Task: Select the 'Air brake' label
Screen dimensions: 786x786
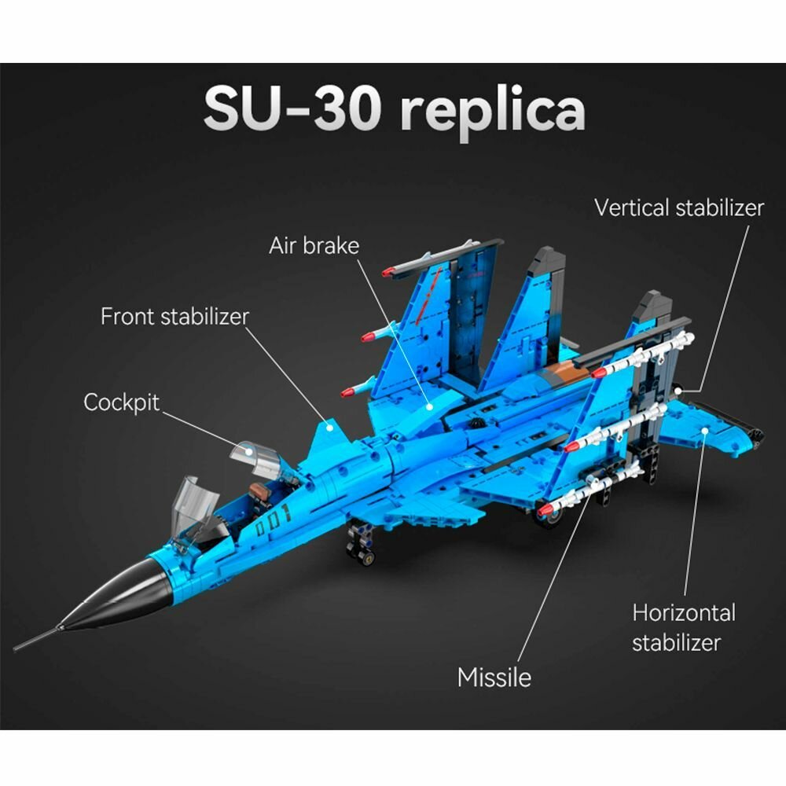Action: point(314,245)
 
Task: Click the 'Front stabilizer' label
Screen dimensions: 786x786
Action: point(174,317)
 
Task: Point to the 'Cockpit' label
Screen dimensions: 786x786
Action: point(121,402)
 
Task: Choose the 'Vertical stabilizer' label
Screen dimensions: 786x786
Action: point(678,208)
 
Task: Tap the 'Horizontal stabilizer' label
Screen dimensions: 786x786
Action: point(683,626)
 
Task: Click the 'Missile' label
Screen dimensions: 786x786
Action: point(494,677)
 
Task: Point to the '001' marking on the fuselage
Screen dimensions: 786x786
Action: point(275,516)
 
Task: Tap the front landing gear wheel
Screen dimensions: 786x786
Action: point(365,556)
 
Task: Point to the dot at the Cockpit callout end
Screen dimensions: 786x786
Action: point(248,452)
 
